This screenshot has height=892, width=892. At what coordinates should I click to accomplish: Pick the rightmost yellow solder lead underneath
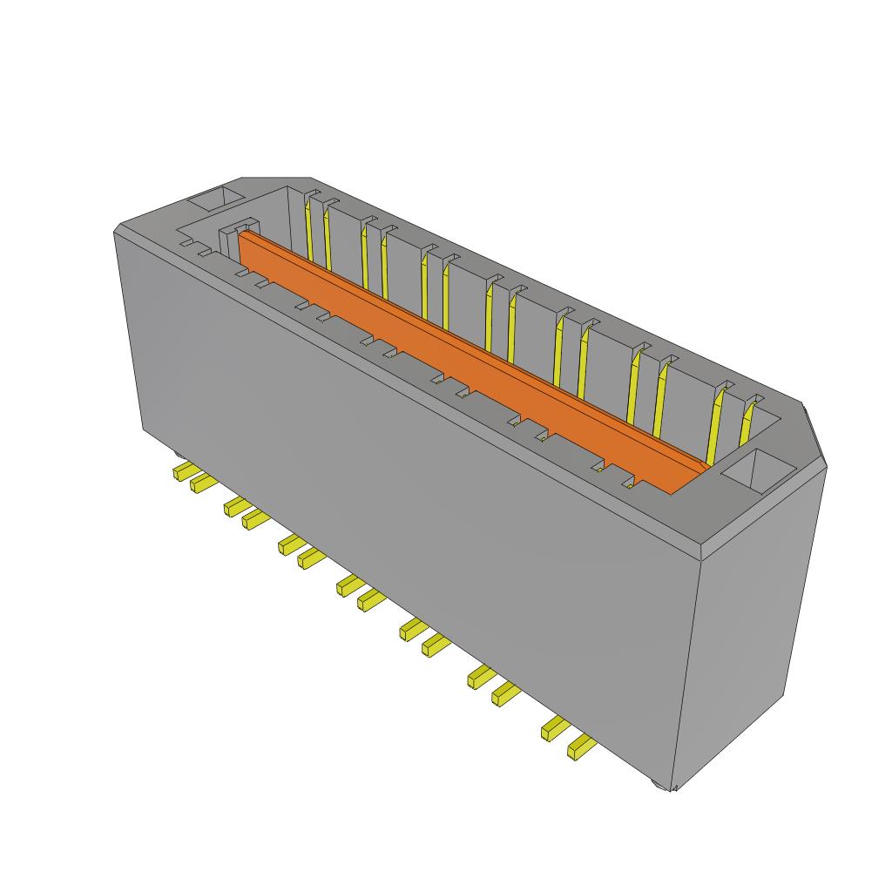click(580, 747)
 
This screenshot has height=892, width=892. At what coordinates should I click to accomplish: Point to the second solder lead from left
click(202, 483)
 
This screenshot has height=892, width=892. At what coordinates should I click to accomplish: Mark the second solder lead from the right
click(555, 728)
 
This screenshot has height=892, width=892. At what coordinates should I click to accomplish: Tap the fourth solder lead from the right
click(482, 676)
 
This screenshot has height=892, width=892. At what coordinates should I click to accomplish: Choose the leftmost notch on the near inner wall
click(186, 244)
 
